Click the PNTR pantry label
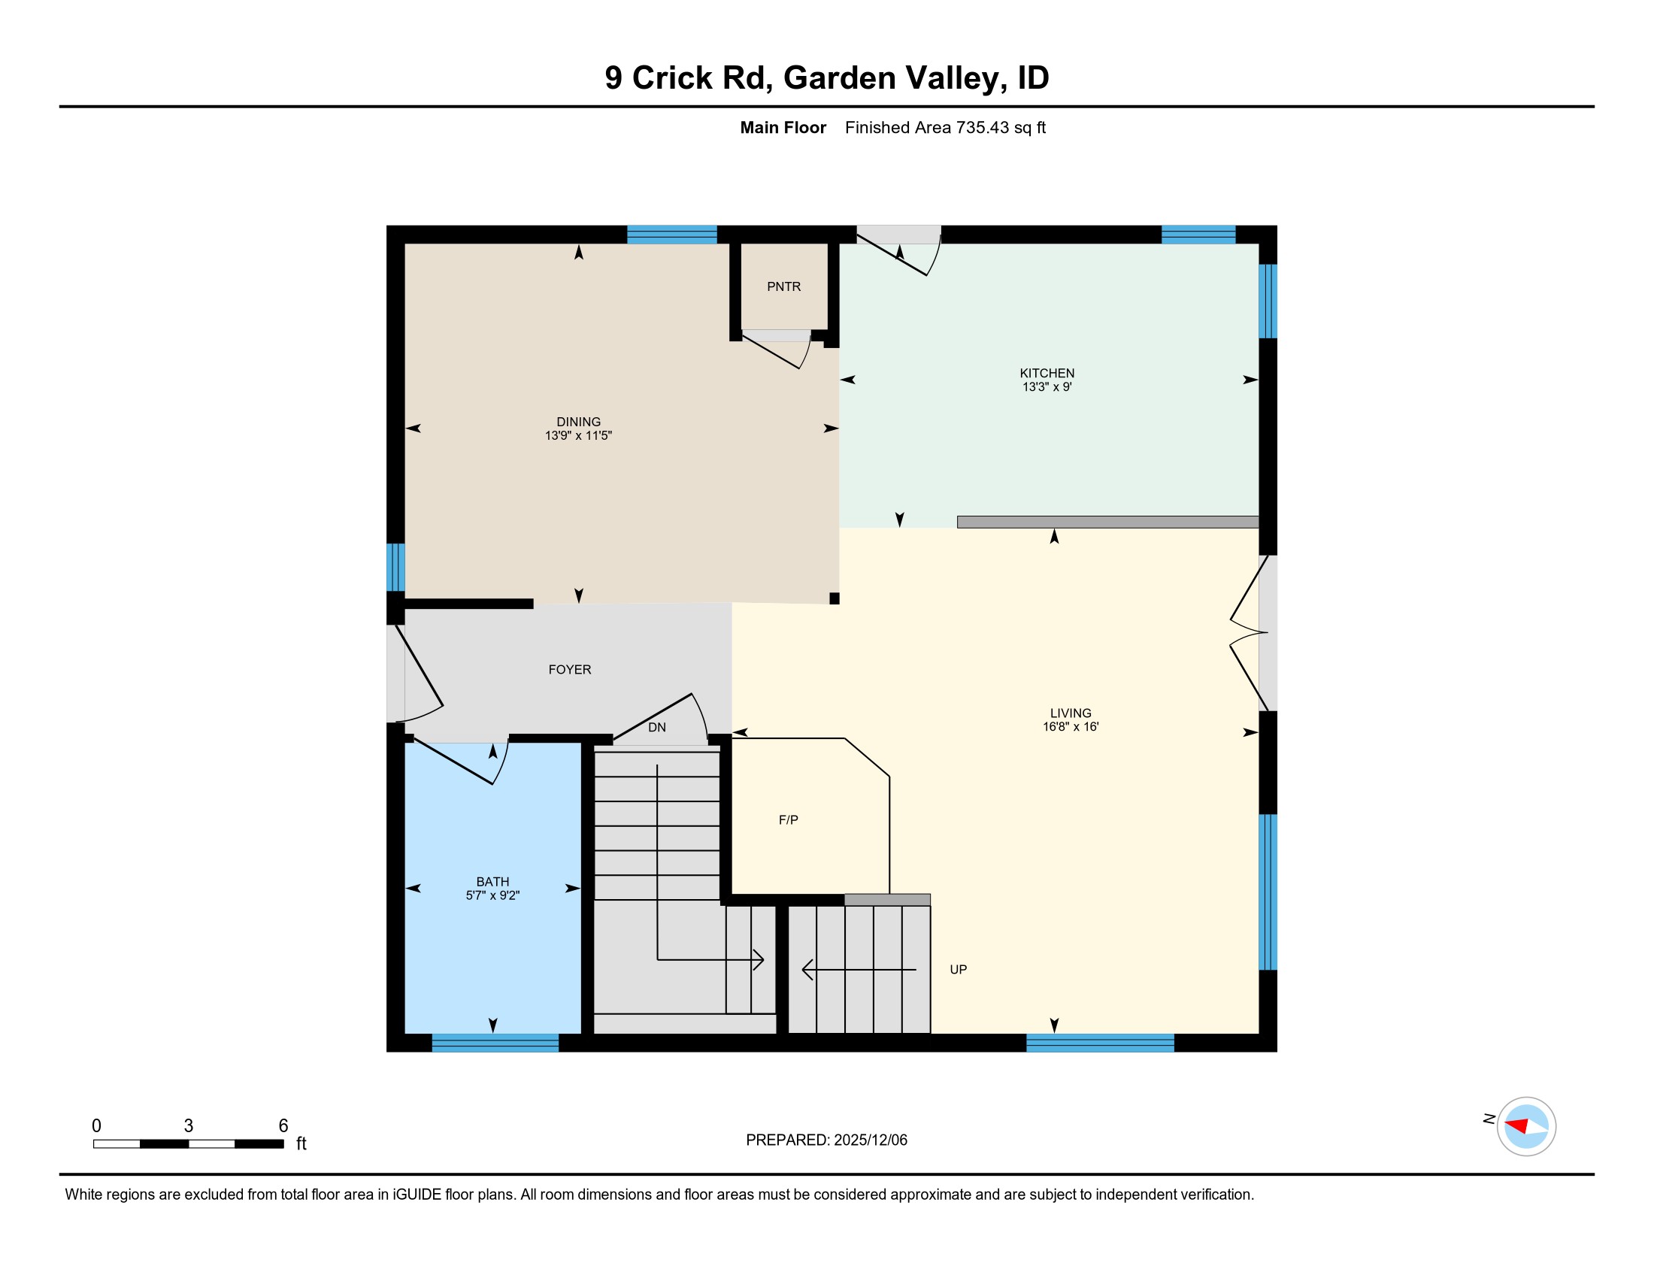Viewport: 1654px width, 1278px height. (783, 286)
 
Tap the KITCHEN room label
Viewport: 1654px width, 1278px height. (1047, 372)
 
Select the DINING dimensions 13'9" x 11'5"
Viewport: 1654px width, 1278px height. (578, 435)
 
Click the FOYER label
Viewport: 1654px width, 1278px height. (570, 669)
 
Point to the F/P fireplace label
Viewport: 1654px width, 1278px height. (788, 819)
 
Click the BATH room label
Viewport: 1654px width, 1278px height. (492, 881)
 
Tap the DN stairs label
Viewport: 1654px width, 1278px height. (656, 727)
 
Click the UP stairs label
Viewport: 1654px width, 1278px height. (958, 969)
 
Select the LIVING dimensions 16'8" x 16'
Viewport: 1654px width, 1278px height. (1070, 726)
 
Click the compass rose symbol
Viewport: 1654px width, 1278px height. (1526, 1126)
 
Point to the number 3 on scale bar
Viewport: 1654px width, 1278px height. (189, 1125)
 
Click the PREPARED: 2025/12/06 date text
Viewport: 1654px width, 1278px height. (826, 1140)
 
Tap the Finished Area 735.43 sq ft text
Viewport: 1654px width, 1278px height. (944, 127)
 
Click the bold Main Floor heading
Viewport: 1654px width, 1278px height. (783, 127)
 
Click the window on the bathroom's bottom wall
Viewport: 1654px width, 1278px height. (495, 1043)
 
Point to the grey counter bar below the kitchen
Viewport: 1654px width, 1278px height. (1107, 522)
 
